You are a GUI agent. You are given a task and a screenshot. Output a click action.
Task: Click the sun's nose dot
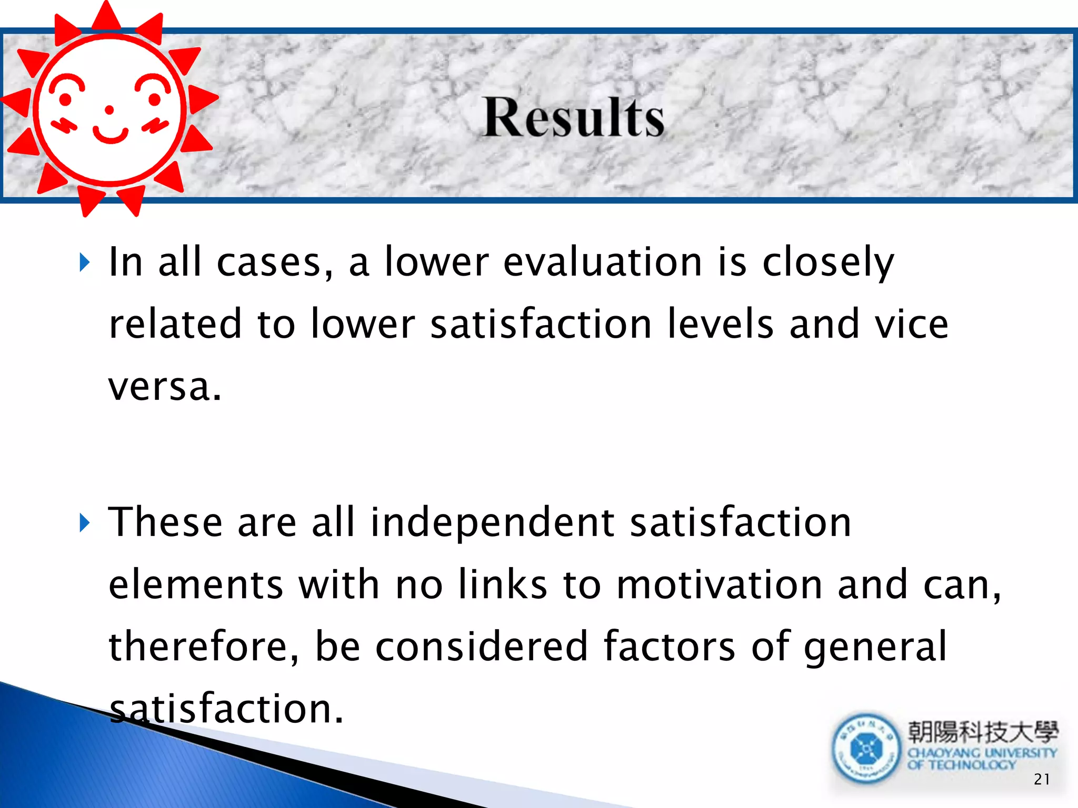pyautogui.click(x=109, y=110)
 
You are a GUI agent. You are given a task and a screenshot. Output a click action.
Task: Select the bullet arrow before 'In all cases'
pyautogui.click(x=85, y=262)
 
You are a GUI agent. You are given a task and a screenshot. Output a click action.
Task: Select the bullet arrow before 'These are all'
pyautogui.click(x=85, y=522)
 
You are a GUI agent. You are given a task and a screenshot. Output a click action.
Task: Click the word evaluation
pyautogui.click(x=603, y=262)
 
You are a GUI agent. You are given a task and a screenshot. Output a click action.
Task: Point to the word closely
pyautogui.click(x=828, y=263)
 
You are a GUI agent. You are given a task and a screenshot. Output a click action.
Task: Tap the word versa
pyautogui.click(x=165, y=387)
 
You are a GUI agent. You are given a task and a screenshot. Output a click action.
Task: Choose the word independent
pyautogui.click(x=492, y=523)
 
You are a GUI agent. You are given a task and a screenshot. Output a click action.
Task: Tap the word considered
pyautogui.click(x=481, y=647)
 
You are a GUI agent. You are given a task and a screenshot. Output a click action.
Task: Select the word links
pyautogui.click(x=502, y=584)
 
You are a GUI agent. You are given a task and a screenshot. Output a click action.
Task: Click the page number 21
pyautogui.click(x=1042, y=779)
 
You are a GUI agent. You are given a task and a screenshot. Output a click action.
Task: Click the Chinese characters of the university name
pyautogui.click(x=982, y=732)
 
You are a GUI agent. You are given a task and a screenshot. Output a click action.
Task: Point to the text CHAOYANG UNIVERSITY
pyautogui.click(x=982, y=753)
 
